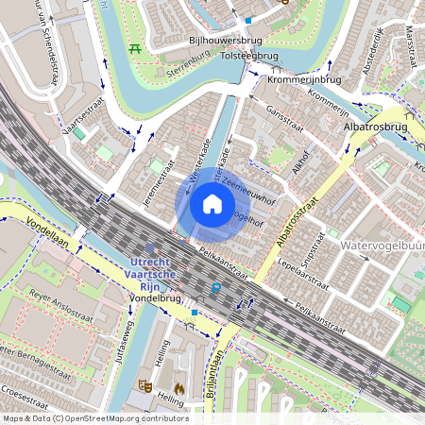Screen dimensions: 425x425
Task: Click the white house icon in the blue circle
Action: (212, 203)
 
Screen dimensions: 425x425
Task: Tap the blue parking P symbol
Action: (216, 288)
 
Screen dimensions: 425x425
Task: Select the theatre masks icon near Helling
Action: (145, 385)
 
